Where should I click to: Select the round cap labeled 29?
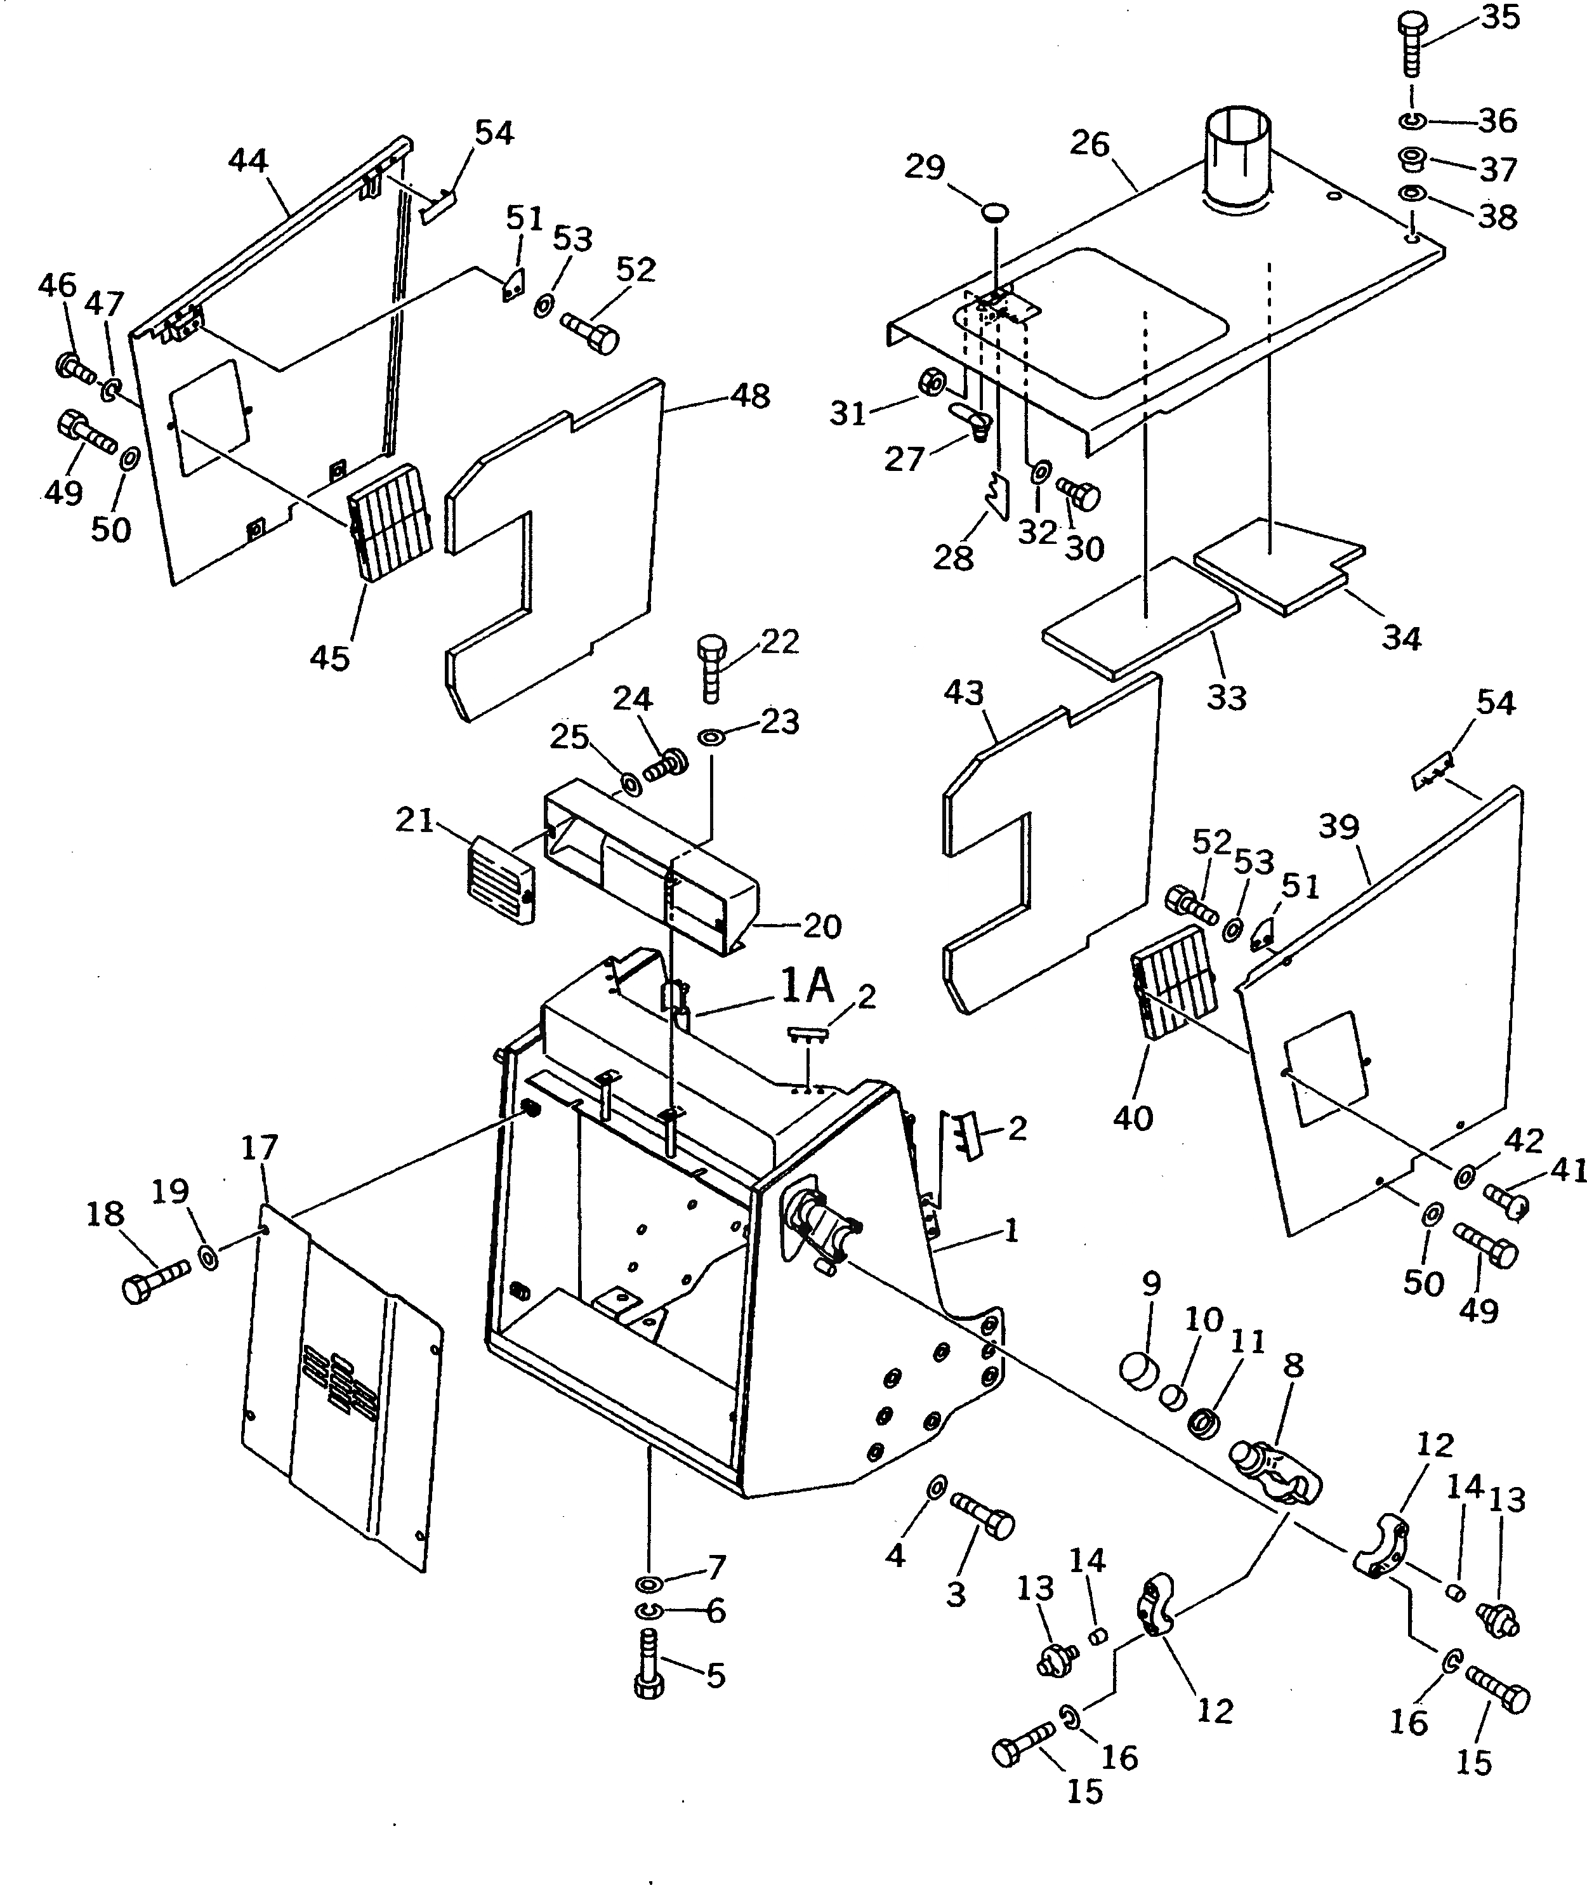tap(995, 213)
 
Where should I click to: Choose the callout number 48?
tap(750, 396)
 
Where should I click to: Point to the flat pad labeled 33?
tap(1141, 616)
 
